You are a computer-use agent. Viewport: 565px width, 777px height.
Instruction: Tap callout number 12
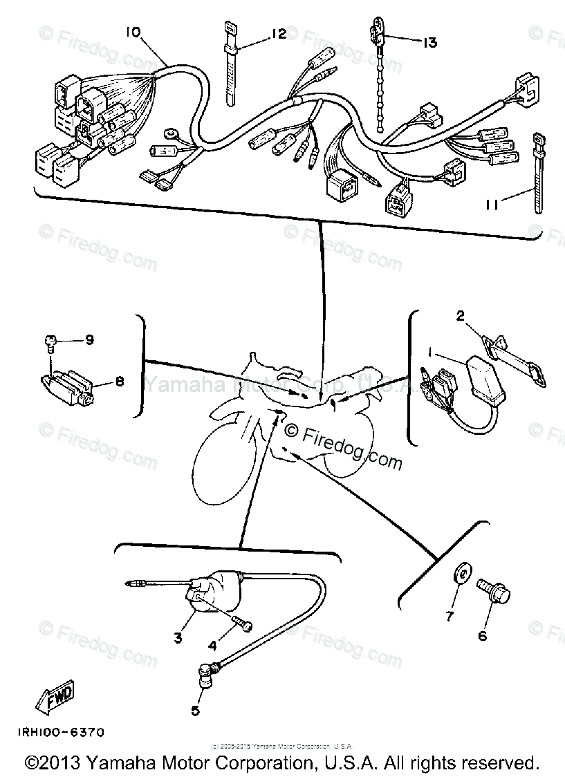[x=278, y=33]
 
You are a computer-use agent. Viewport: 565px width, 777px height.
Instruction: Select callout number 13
[x=429, y=43]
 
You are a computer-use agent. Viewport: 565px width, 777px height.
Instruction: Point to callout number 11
[x=491, y=205]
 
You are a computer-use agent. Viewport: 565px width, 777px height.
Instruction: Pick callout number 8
[x=119, y=381]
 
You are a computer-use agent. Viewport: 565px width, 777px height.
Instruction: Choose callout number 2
[x=459, y=317]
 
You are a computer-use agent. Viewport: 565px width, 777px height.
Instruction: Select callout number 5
[x=195, y=710]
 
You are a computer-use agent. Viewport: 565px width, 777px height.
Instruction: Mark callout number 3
[x=178, y=637]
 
